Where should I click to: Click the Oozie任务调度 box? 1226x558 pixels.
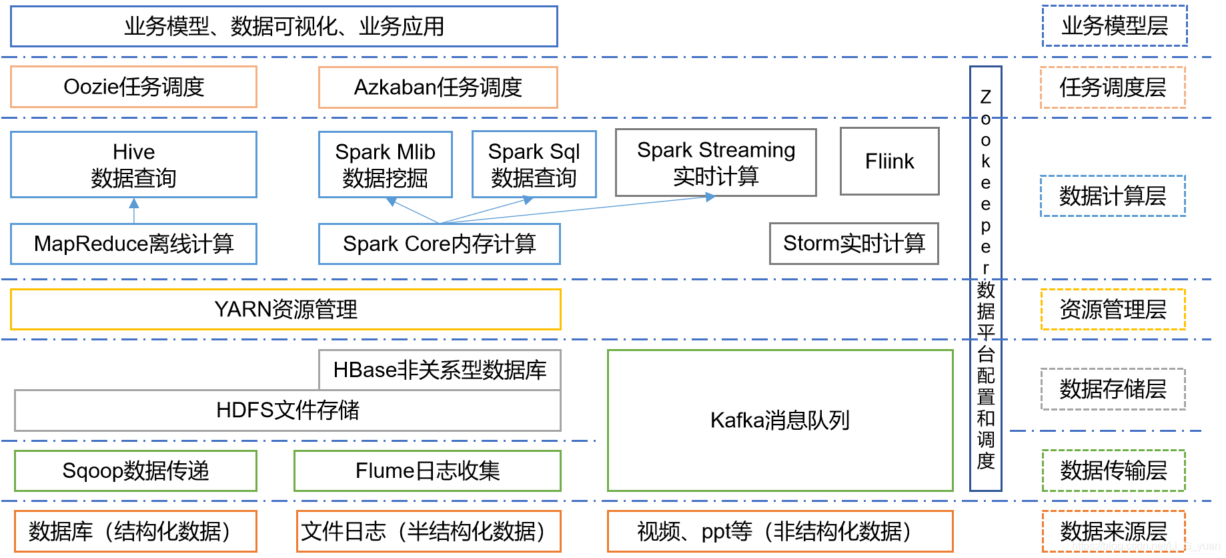(x=133, y=87)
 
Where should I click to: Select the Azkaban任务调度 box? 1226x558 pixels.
(x=438, y=87)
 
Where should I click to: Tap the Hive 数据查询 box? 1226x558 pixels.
(x=133, y=164)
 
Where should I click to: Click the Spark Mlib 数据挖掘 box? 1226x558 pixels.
(x=385, y=164)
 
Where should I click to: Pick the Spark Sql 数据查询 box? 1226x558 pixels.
(x=534, y=164)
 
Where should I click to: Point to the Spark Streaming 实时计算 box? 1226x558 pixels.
(x=716, y=163)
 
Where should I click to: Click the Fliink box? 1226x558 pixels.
(x=889, y=162)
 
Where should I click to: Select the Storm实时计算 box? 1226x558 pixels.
(x=854, y=244)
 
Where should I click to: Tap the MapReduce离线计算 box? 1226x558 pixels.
(x=133, y=244)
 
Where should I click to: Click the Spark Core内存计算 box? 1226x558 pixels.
(x=439, y=244)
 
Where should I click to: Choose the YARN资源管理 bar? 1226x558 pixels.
(x=285, y=310)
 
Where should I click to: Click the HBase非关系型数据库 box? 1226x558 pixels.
(x=440, y=370)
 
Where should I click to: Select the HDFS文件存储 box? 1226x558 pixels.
(x=287, y=410)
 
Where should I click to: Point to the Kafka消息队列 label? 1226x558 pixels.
(x=780, y=421)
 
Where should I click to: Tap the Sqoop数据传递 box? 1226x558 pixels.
(x=135, y=471)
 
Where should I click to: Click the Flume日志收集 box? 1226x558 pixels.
(x=427, y=471)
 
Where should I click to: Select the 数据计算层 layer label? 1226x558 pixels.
(x=1113, y=196)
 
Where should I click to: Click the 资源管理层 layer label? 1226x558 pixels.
(x=1113, y=310)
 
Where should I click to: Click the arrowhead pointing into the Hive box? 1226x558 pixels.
(x=134, y=203)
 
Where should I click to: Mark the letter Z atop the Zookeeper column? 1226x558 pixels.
(x=985, y=97)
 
